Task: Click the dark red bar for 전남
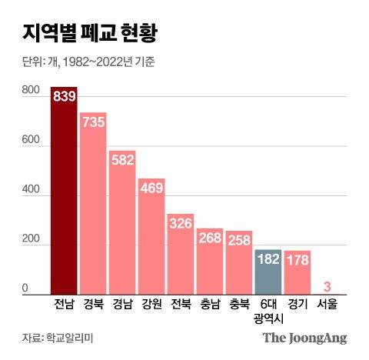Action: pos(64,200)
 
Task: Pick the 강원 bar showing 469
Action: pos(151,242)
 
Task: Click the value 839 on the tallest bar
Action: pos(64,96)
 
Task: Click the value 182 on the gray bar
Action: pos(267,259)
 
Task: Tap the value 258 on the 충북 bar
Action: pos(238,240)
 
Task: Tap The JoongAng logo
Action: pos(304,338)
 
